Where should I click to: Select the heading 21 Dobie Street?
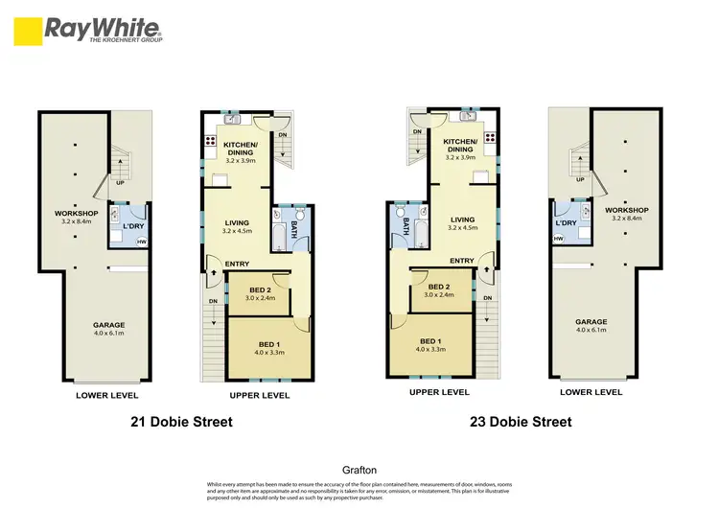point(181,421)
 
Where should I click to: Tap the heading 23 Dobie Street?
point(522,421)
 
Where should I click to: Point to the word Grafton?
point(359,471)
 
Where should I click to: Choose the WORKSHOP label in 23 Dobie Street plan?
point(627,210)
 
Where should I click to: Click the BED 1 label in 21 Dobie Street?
point(270,344)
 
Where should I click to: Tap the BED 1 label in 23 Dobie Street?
point(430,340)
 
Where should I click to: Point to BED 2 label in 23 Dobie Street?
point(440,287)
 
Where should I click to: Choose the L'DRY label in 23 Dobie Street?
point(565,222)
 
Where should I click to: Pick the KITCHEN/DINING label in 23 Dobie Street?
point(461,145)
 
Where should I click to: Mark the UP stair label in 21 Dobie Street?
point(120,181)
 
